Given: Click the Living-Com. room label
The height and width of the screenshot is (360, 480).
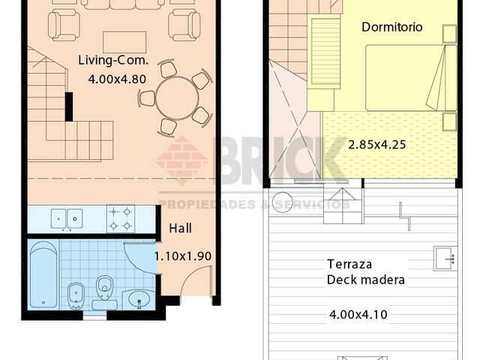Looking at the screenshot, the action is pyautogui.click(x=113, y=60).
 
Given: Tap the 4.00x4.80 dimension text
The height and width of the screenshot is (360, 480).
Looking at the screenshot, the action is pyautogui.click(x=117, y=79).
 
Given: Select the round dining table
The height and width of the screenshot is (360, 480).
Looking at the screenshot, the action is pyautogui.click(x=177, y=98).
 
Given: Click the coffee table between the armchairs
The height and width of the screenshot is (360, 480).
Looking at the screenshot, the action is pyautogui.click(x=124, y=42).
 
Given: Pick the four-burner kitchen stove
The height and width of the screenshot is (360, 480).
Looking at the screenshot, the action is pyautogui.click(x=121, y=219).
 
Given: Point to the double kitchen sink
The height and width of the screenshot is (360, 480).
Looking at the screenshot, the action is pyautogui.click(x=67, y=219).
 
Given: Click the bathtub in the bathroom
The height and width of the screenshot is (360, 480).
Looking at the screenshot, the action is pyautogui.click(x=43, y=274).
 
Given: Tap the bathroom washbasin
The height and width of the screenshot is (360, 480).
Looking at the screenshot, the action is pyautogui.click(x=139, y=298).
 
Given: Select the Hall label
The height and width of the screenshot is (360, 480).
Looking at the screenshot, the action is pyautogui.click(x=181, y=228).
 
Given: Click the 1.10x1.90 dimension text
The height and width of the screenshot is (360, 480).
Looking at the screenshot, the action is pyautogui.click(x=183, y=256).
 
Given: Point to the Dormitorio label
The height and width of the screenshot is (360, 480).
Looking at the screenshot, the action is pyautogui.click(x=392, y=27).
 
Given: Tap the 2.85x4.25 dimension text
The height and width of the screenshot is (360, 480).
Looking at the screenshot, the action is pyautogui.click(x=377, y=145).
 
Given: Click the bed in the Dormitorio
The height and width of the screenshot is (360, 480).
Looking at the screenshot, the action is pyautogui.click(x=411, y=78).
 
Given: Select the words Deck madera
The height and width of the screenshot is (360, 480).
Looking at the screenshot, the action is pyautogui.click(x=366, y=280).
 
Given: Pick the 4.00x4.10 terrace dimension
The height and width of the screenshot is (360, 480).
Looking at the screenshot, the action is pyautogui.click(x=358, y=315).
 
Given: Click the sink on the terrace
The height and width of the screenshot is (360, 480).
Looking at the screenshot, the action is pyautogui.click(x=445, y=259).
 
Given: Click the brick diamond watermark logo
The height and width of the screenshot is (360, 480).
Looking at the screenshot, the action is pyautogui.click(x=181, y=160).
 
